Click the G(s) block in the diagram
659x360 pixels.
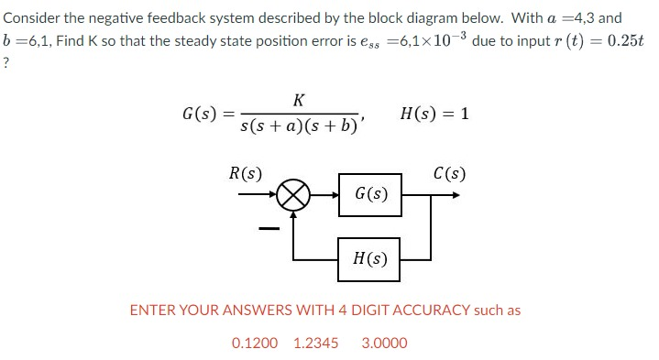(370, 194)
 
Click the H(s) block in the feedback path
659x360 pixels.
(370, 259)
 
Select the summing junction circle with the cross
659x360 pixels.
(294, 195)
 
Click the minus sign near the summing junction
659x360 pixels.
(268, 228)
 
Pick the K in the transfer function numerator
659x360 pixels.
(300, 100)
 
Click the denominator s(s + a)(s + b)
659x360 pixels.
(301, 128)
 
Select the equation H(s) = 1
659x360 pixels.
(435, 114)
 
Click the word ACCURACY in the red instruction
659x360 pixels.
(429, 310)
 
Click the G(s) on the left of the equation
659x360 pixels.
(200, 115)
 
